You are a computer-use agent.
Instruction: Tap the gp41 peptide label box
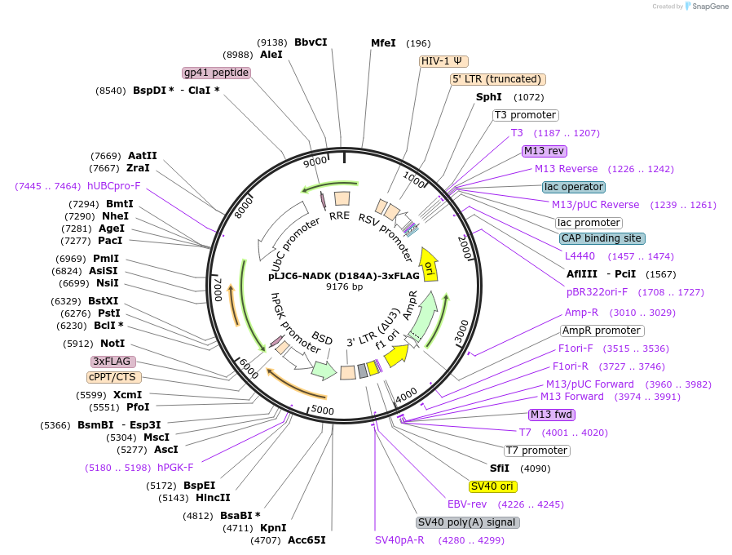(216, 73)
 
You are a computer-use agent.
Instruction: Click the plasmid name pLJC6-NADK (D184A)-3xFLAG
(344, 276)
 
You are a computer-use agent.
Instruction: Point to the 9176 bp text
(344, 286)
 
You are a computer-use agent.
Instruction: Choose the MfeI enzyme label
(383, 43)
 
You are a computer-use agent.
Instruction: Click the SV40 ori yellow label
(493, 486)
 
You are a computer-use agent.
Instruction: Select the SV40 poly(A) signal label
(467, 522)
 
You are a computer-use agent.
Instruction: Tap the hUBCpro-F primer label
(114, 186)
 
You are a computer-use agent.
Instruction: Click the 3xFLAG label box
(113, 361)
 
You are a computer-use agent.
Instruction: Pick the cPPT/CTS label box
(114, 377)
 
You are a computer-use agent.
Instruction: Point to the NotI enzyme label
(112, 344)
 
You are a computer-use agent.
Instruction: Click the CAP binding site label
(602, 238)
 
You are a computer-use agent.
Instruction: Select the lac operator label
(574, 187)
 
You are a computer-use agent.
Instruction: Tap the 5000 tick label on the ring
(323, 410)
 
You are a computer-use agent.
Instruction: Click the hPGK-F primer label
(175, 468)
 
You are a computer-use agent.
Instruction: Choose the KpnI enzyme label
(273, 528)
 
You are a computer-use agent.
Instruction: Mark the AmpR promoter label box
(602, 331)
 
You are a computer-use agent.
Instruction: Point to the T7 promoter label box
(536, 451)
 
